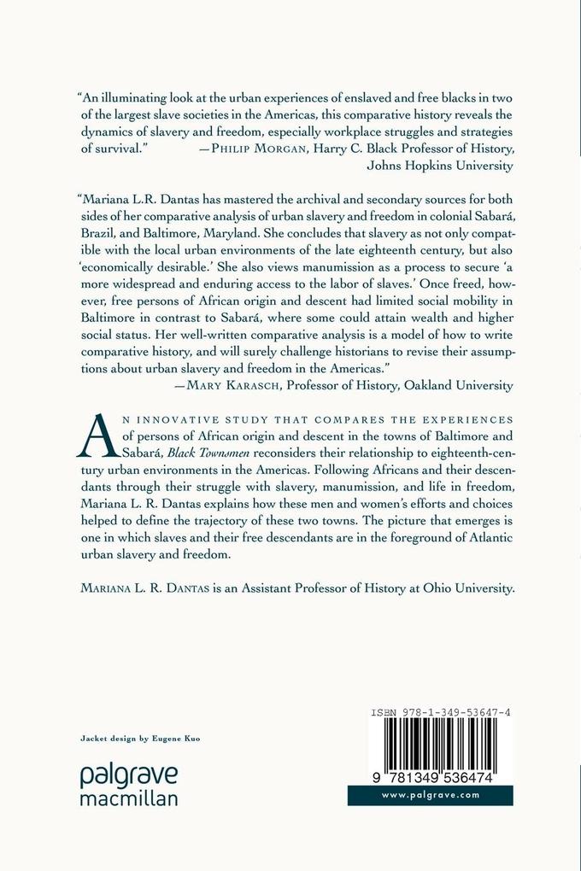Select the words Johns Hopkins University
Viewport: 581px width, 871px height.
coord(439,166)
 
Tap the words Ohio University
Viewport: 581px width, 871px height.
coord(471,588)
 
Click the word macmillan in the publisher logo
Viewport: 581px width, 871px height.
coord(128,798)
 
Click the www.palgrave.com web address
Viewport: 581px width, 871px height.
coord(430,795)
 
